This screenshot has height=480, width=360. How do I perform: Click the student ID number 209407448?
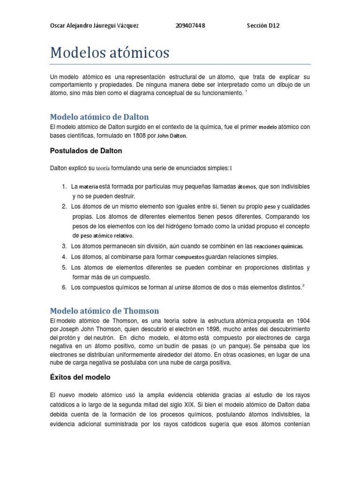(189, 26)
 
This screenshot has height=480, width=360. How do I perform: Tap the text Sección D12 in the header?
(263, 26)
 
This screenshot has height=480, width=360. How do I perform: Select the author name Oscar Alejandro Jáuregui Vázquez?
(94, 26)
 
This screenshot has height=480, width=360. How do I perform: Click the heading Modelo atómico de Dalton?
(99, 116)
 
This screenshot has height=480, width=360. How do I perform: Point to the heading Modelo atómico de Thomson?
(105, 311)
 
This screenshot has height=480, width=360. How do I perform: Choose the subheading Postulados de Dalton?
(86, 151)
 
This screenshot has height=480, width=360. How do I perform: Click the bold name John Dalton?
(172, 136)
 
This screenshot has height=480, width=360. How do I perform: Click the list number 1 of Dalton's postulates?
(64, 187)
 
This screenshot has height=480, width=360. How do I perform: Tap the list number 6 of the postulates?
(64, 287)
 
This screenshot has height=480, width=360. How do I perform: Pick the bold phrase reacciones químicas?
(278, 246)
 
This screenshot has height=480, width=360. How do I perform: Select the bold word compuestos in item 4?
(190, 257)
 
